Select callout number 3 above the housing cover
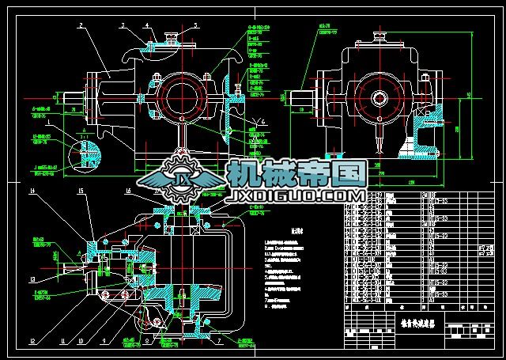click(x=123, y=25)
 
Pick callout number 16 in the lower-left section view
click(x=128, y=191)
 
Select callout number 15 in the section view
click(x=80, y=191)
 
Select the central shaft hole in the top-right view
click(x=380, y=100)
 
